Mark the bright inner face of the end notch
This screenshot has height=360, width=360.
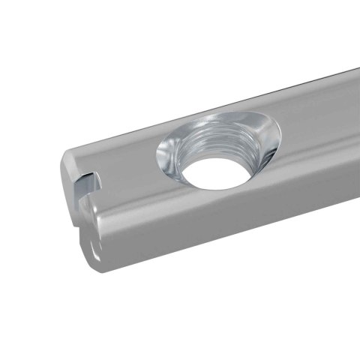point(89,182)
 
